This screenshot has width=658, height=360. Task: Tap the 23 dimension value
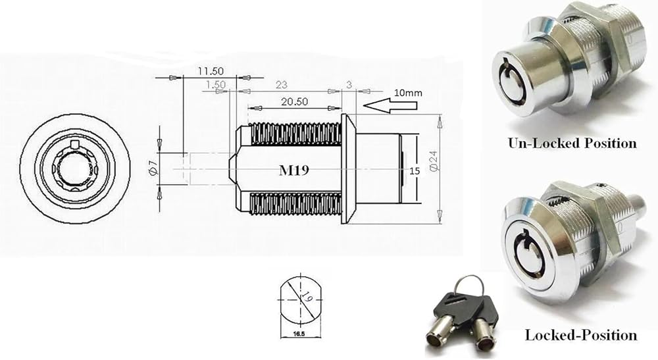point(281,85)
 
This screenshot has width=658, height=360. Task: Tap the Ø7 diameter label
point(152,167)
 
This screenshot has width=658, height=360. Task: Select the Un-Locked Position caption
point(571,143)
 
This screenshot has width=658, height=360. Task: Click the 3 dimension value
point(349,85)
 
